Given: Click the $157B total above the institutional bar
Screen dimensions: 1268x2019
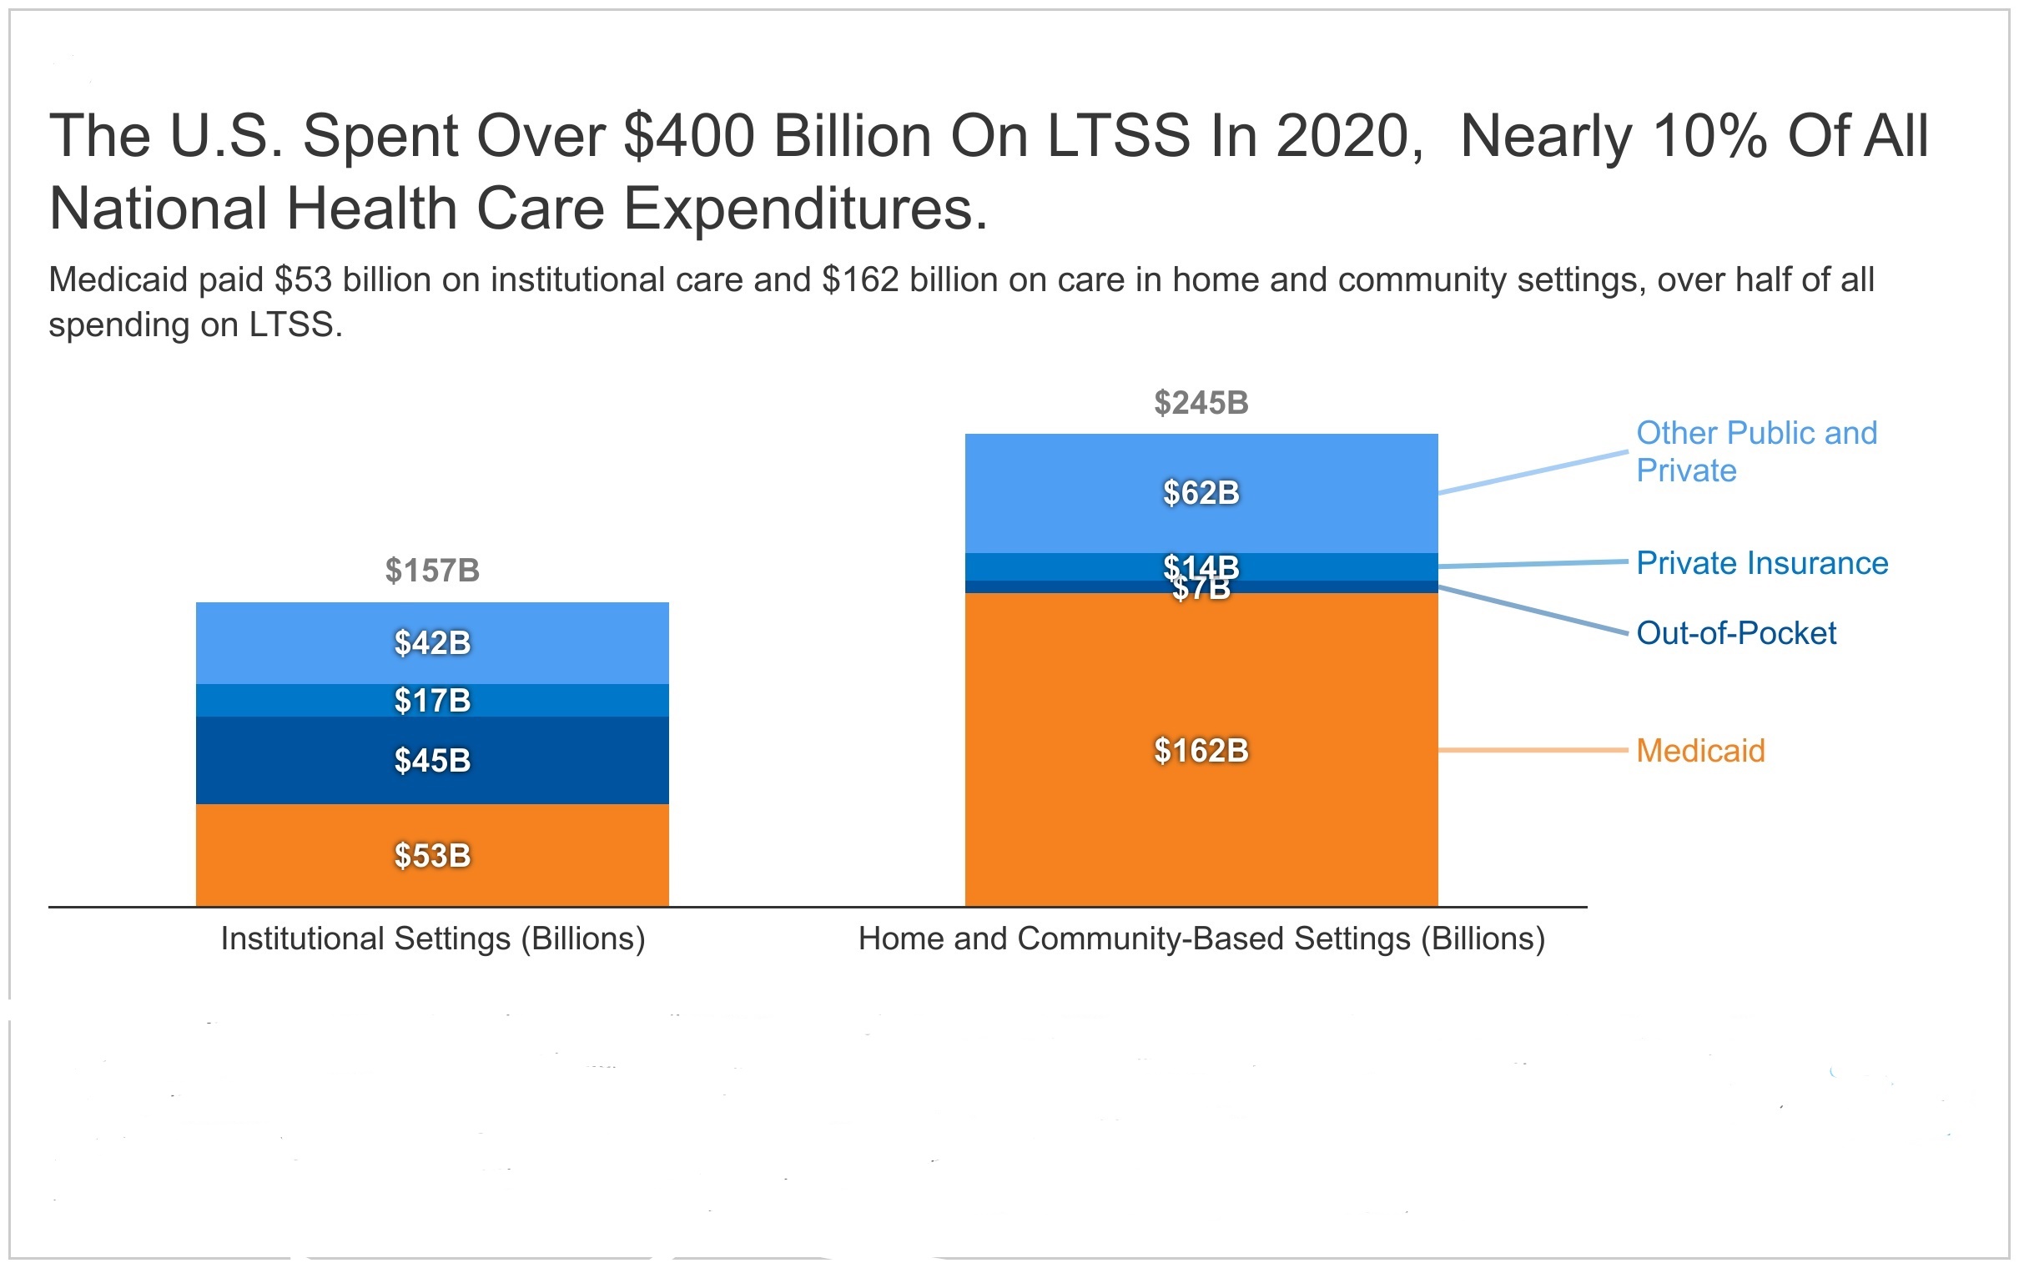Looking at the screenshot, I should (x=432, y=571).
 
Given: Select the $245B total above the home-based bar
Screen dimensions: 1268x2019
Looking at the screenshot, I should (x=1201, y=404).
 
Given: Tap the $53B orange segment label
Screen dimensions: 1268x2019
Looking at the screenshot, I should (x=432, y=856).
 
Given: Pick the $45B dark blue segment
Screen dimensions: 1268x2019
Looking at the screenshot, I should (x=432, y=761).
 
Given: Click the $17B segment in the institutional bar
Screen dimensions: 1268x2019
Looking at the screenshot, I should (x=432, y=700).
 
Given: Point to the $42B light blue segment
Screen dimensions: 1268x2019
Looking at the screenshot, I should (x=432, y=643).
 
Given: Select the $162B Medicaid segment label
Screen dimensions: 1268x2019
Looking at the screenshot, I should (x=1201, y=751).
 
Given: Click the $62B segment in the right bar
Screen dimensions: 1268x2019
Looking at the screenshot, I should (x=1201, y=493).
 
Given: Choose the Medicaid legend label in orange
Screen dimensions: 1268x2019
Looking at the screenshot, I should (x=1699, y=751).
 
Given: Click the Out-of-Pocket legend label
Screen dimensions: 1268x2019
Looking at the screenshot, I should (x=1735, y=633).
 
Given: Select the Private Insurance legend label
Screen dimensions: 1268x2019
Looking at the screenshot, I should (x=1760, y=564).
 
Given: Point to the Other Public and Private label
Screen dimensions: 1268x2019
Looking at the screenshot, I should (x=1755, y=452).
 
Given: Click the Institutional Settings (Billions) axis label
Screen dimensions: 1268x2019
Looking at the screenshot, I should (x=433, y=938).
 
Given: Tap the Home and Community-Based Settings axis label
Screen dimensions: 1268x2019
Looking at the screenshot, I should (x=1201, y=938).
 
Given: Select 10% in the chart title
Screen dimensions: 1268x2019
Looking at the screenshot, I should (x=1710, y=136).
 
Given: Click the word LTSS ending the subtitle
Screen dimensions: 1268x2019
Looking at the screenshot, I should (x=295, y=325).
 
